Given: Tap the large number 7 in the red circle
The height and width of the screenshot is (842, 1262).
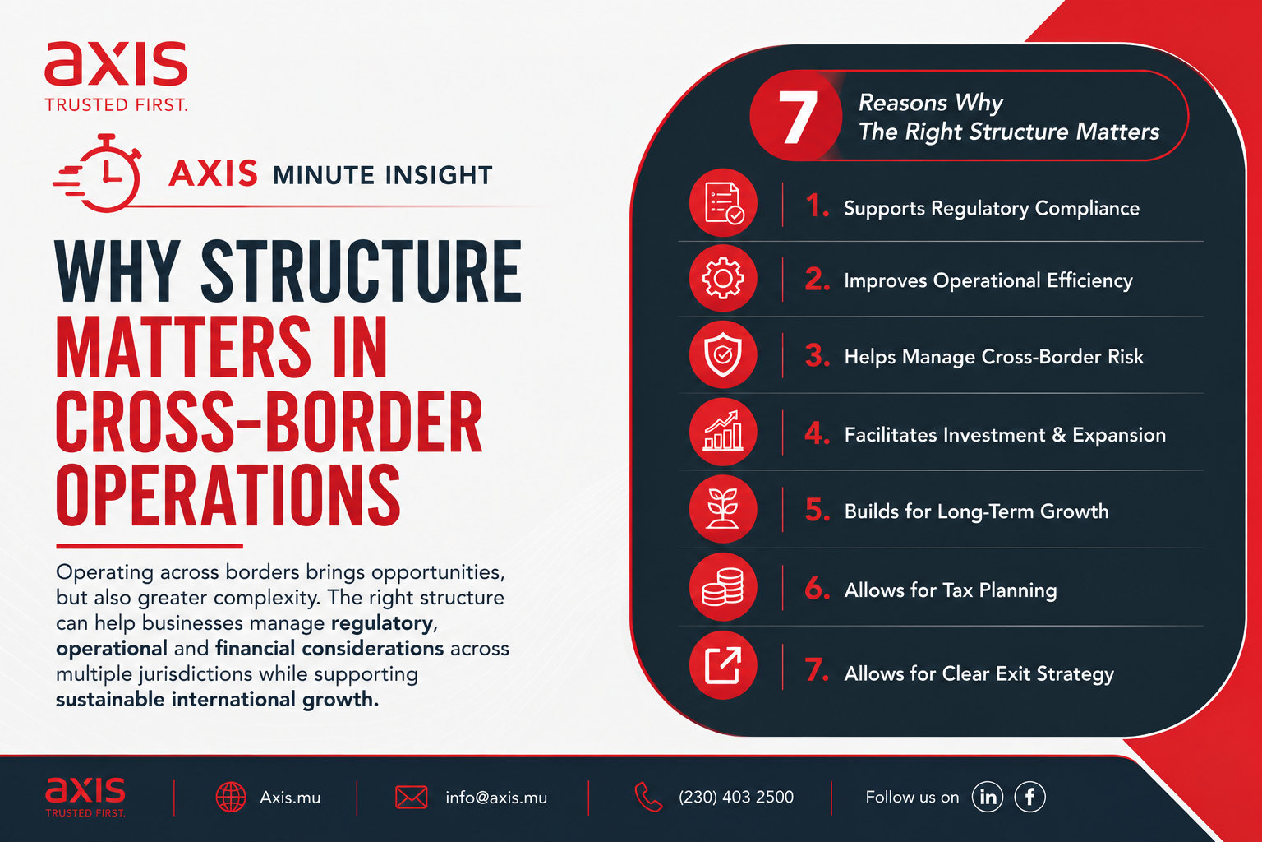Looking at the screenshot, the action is pyautogui.click(x=797, y=118).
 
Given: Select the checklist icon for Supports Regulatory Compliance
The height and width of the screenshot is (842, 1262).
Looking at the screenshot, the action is pyautogui.click(x=723, y=203).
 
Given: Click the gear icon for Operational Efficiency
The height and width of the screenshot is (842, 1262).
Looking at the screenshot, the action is pyautogui.click(x=723, y=278).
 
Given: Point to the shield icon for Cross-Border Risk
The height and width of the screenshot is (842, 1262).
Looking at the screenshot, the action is pyautogui.click(x=723, y=354).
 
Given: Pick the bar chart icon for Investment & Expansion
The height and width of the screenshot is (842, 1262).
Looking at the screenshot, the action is pyautogui.click(x=723, y=432).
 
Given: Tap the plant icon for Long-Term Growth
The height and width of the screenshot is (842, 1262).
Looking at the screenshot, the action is pyautogui.click(x=723, y=509).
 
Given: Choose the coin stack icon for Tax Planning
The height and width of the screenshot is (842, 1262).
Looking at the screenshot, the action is pyautogui.click(x=723, y=587).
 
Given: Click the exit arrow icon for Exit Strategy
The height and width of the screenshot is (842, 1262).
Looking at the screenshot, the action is pyautogui.click(x=723, y=665).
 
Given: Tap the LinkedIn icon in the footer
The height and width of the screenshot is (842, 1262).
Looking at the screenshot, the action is pyautogui.click(x=988, y=797).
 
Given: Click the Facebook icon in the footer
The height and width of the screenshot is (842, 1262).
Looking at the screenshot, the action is pyautogui.click(x=1029, y=797).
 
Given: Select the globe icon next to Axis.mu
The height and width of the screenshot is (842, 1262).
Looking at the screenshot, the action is pyautogui.click(x=231, y=798).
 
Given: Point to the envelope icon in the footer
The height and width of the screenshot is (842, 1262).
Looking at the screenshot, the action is pyautogui.click(x=412, y=798).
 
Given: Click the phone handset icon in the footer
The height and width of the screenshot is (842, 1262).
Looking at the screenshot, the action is pyautogui.click(x=648, y=797).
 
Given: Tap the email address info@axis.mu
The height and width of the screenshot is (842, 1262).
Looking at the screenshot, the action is pyautogui.click(x=496, y=798).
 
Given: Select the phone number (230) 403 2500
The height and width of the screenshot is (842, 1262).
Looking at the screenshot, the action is pyautogui.click(x=736, y=797).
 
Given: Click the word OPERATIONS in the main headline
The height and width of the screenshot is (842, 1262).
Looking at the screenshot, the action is pyautogui.click(x=228, y=495).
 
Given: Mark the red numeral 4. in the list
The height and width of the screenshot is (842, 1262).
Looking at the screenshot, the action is pyautogui.click(x=817, y=433).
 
